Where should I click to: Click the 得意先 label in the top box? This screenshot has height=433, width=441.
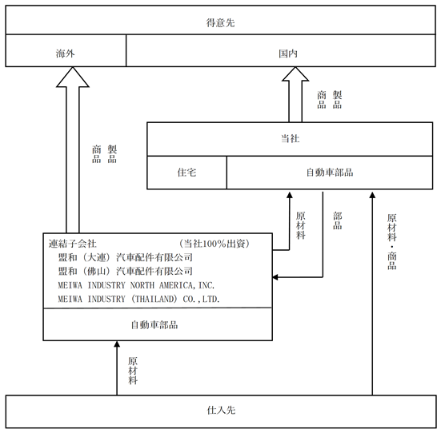(x=220, y=22)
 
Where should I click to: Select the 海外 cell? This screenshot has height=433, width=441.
(x=66, y=50)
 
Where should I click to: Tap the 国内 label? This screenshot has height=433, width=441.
(x=288, y=54)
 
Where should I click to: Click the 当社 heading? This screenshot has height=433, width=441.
(x=290, y=138)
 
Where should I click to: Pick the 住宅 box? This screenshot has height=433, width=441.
(x=186, y=173)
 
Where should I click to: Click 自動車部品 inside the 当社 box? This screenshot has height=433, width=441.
(x=330, y=172)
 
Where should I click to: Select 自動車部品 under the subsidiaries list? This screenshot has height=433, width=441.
(x=154, y=325)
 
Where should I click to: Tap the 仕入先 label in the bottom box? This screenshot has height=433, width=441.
(x=221, y=411)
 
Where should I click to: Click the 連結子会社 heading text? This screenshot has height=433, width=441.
(x=73, y=244)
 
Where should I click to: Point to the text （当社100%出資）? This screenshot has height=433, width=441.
(x=214, y=244)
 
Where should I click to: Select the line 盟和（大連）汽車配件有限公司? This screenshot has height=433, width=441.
(x=126, y=257)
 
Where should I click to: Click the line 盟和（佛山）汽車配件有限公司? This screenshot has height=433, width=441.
(x=126, y=271)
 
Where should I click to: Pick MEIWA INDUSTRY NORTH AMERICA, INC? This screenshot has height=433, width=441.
(x=136, y=285)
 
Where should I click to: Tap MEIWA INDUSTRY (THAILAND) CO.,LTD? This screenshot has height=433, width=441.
(x=138, y=299)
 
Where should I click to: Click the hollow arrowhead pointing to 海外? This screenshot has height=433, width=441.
(x=73, y=77)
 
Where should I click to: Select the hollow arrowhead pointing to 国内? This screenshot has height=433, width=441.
(x=295, y=73)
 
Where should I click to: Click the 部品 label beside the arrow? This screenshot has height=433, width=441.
(x=338, y=220)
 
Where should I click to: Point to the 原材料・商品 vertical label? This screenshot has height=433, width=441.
(x=392, y=242)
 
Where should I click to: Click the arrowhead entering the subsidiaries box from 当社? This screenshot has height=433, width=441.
(x=275, y=277)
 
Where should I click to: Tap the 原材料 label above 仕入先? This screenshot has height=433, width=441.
(x=133, y=371)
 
